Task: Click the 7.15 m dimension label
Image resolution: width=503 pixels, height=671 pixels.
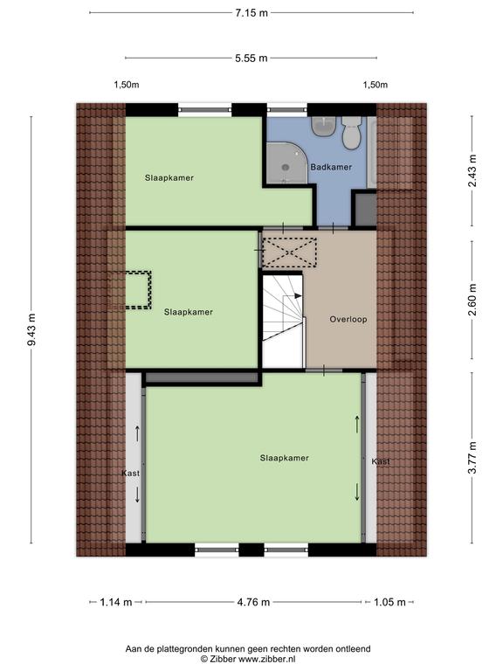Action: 251,13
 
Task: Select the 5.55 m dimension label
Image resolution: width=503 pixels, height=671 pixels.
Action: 251,59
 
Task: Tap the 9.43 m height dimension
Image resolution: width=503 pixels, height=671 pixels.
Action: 31,329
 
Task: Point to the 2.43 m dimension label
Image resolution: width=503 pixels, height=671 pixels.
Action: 472,170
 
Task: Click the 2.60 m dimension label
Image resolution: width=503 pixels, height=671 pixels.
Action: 472,300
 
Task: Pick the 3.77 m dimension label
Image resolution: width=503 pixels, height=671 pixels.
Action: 472,458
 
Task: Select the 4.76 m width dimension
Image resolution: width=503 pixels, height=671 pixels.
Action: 253,602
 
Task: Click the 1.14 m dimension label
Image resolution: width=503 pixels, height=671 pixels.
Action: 116,602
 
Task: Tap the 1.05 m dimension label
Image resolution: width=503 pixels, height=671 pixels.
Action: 389,602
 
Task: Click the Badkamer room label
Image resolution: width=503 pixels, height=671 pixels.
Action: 331,167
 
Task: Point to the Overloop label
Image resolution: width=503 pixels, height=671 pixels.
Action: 348,319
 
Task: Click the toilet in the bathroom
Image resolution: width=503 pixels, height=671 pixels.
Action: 352,133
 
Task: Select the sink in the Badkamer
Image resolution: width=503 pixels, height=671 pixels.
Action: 323,126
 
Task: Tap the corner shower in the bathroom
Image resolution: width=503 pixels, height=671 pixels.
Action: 286,163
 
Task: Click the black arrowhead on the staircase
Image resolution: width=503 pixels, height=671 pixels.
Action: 298,295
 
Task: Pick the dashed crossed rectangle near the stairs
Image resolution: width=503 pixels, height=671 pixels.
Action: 289,252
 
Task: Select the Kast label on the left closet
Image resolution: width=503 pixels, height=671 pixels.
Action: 130,474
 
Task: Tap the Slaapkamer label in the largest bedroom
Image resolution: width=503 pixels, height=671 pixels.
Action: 285,458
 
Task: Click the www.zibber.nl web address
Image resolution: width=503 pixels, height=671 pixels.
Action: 266,660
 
